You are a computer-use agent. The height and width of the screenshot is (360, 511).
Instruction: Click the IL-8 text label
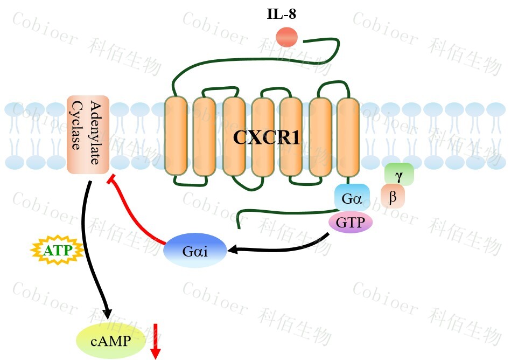281,14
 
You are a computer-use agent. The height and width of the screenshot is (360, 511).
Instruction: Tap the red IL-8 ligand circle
286,37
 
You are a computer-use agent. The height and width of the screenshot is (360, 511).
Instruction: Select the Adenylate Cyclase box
88,135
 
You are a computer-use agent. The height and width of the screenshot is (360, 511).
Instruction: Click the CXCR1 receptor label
266,137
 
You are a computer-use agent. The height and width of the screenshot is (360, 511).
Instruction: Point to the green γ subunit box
399,174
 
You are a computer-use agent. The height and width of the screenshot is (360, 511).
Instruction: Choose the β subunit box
393,197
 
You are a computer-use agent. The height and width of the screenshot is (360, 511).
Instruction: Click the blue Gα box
352,197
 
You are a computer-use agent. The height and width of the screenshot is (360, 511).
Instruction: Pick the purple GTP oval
351,221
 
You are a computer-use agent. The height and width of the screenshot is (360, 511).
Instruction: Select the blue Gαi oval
195,251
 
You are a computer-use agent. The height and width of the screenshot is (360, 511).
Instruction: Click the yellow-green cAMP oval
111,341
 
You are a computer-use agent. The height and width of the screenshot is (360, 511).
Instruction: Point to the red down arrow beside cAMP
156,341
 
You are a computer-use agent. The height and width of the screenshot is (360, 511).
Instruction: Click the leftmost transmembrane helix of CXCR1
175,136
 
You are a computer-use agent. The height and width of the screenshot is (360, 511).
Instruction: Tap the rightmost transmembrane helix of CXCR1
348,136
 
